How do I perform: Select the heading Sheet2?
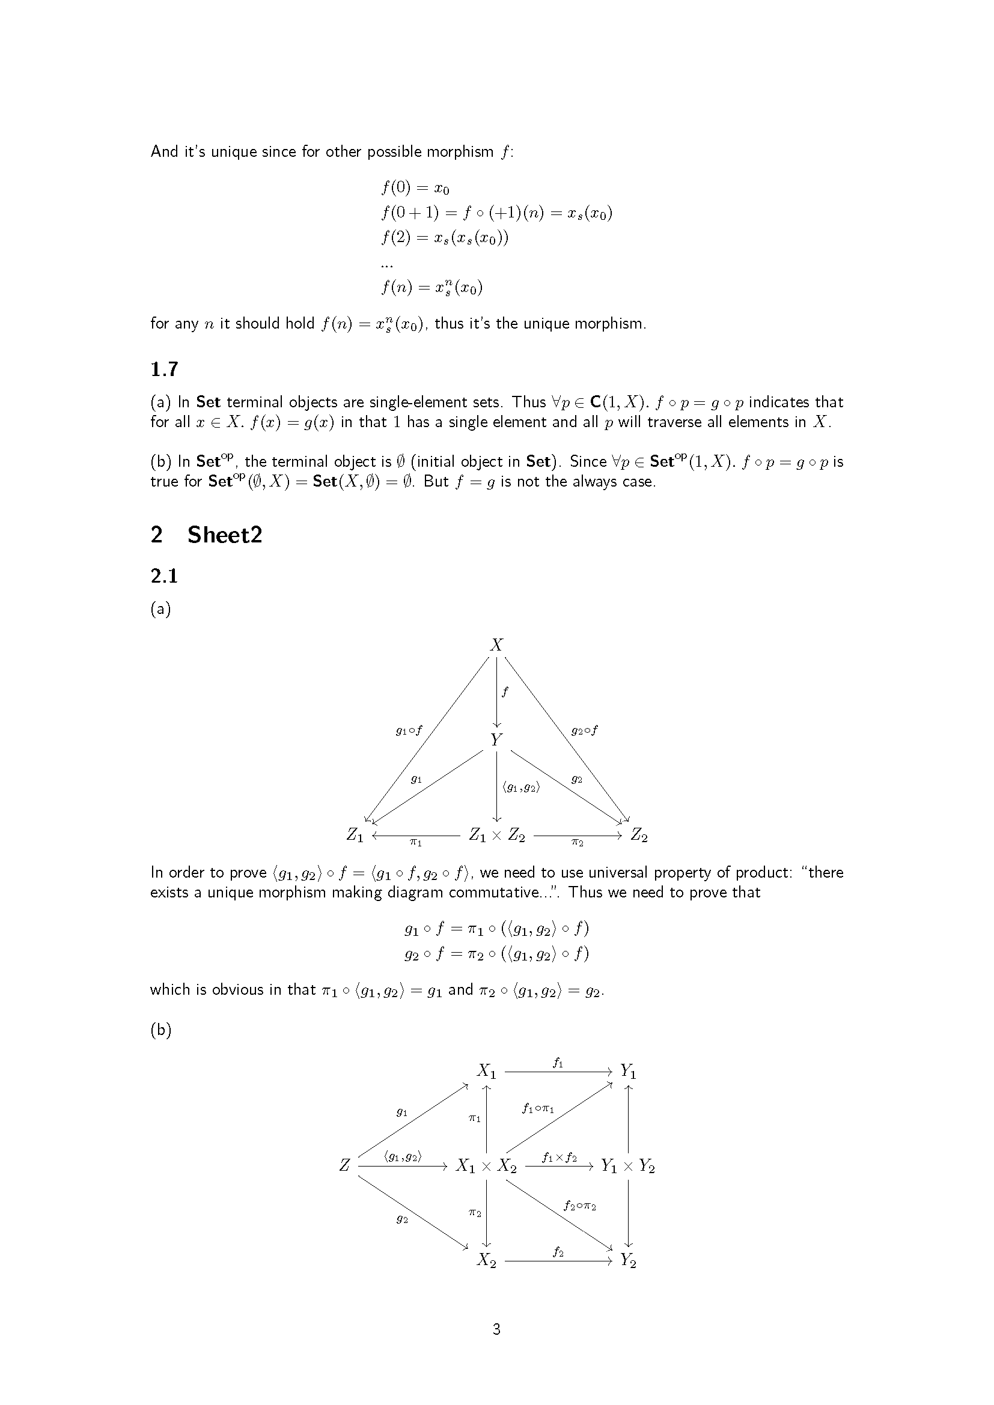(225, 535)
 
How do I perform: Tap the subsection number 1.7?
(164, 369)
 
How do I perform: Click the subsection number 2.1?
(164, 576)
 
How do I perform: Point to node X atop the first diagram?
(496, 645)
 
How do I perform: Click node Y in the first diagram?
(496, 740)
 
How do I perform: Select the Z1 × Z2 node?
(496, 836)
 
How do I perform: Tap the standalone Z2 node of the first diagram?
(639, 836)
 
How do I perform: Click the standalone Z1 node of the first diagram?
(355, 836)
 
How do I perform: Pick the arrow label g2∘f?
(584, 730)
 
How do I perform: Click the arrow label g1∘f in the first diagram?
(409, 730)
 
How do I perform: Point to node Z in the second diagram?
(344, 1165)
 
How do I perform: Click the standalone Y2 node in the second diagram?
(628, 1260)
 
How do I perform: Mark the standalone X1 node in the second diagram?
(487, 1071)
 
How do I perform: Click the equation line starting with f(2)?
(444, 237)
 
